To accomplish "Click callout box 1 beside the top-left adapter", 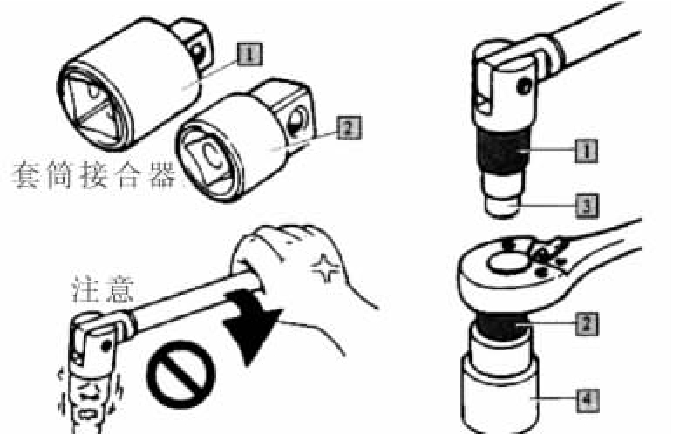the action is [249, 54].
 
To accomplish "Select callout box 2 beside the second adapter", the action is [349, 127].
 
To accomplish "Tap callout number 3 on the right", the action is [587, 205].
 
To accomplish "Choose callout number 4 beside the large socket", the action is [587, 400].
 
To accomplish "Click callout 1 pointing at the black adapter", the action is [587, 151].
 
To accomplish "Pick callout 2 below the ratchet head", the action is [587, 323].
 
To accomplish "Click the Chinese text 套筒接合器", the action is [94, 174].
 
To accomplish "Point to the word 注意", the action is [104, 289].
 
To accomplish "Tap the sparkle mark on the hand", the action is [326, 269].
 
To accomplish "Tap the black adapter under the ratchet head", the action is [500, 325].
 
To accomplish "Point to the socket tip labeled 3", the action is [502, 206].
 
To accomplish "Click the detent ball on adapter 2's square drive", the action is [296, 120].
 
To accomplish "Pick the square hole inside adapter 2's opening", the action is [210, 158].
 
